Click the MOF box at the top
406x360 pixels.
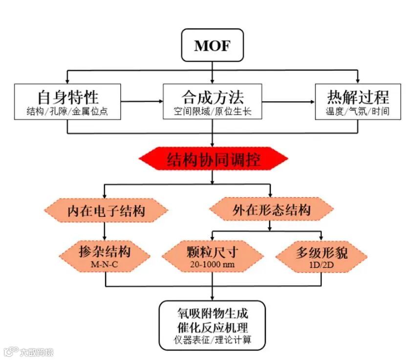[x=212, y=46]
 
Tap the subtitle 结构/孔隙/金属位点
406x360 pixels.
[x=67, y=111]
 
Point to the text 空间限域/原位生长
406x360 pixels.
[x=212, y=111]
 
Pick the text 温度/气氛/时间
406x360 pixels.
[x=358, y=111]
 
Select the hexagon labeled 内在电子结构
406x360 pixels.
[x=106, y=211]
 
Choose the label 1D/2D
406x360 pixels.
[x=321, y=264]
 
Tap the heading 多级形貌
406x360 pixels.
[x=321, y=253]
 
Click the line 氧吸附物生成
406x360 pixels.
[x=212, y=312]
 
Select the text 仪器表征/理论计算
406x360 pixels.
[x=212, y=339]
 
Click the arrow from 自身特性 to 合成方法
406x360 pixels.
[x=141, y=102]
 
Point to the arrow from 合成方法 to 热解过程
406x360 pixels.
[x=288, y=102]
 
